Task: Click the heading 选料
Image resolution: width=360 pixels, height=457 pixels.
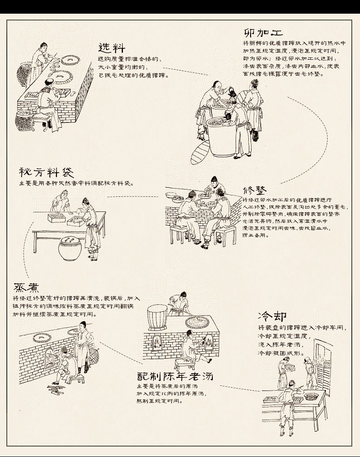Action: click(112, 48)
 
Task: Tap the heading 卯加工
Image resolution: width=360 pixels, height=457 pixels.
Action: click(263, 32)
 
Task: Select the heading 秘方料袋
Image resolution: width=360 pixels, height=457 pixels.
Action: click(46, 173)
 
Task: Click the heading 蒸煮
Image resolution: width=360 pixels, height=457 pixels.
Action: click(26, 287)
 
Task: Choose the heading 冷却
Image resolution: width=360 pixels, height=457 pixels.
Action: click(272, 316)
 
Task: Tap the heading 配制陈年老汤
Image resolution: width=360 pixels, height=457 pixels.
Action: click(175, 376)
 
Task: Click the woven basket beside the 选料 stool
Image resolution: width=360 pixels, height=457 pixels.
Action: click(24, 121)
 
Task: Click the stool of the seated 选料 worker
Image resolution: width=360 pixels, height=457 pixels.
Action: click(42, 119)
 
